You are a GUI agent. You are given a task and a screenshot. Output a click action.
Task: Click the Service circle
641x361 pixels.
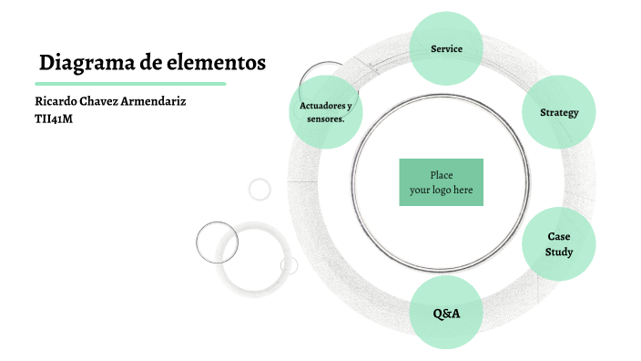click(x=446, y=47)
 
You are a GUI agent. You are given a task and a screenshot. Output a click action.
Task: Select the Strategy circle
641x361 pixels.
click(x=559, y=112)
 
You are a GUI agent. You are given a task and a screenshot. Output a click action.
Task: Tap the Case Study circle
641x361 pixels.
click(x=559, y=243)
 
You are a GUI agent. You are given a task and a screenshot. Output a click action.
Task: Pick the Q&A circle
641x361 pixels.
click(x=446, y=313)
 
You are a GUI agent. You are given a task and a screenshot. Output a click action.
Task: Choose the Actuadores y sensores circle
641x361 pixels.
click(x=325, y=112)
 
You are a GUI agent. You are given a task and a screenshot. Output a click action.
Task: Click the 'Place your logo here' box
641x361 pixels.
click(x=441, y=182)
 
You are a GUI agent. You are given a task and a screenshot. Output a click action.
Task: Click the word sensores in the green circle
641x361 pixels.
click(x=324, y=119)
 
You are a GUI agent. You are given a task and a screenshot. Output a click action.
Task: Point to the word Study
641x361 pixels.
click(x=559, y=252)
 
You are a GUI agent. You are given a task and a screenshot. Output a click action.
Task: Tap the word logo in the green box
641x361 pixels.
click(x=442, y=190)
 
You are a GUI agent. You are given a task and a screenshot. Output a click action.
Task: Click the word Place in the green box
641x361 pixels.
click(x=442, y=175)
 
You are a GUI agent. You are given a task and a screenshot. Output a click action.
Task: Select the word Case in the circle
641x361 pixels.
click(x=559, y=237)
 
